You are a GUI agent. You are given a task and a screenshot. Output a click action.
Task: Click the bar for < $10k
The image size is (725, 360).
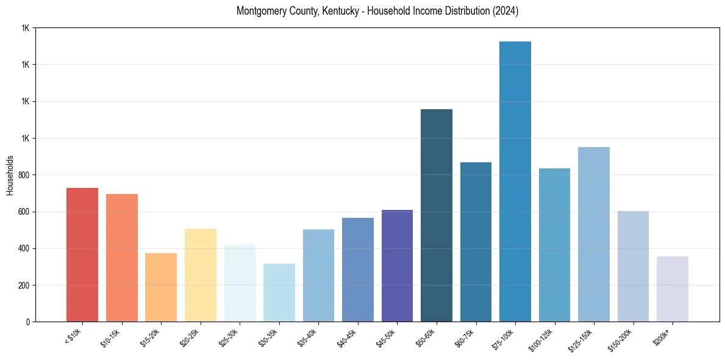click(82, 255)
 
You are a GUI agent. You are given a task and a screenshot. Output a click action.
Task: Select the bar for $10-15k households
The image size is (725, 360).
click(121, 258)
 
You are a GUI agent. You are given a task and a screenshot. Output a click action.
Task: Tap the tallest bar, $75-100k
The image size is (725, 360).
click(515, 182)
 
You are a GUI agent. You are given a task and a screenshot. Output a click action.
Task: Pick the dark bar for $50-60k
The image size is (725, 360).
click(437, 215)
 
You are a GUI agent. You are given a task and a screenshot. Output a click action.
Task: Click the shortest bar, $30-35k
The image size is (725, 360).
click(279, 293)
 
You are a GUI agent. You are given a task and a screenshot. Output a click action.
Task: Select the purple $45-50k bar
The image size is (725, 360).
click(397, 266)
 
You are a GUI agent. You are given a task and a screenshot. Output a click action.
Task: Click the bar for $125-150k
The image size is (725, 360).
click(594, 234)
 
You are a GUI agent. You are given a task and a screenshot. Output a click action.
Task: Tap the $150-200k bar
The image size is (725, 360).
click(633, 267)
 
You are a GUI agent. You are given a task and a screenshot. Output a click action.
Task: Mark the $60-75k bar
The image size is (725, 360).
click(476, 242)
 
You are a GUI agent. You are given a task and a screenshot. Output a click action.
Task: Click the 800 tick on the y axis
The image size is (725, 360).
click(24, 175)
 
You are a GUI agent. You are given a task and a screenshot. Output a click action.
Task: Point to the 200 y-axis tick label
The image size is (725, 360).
click(24, 285)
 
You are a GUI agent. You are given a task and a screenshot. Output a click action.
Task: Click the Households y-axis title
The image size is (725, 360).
click(10, 175)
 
